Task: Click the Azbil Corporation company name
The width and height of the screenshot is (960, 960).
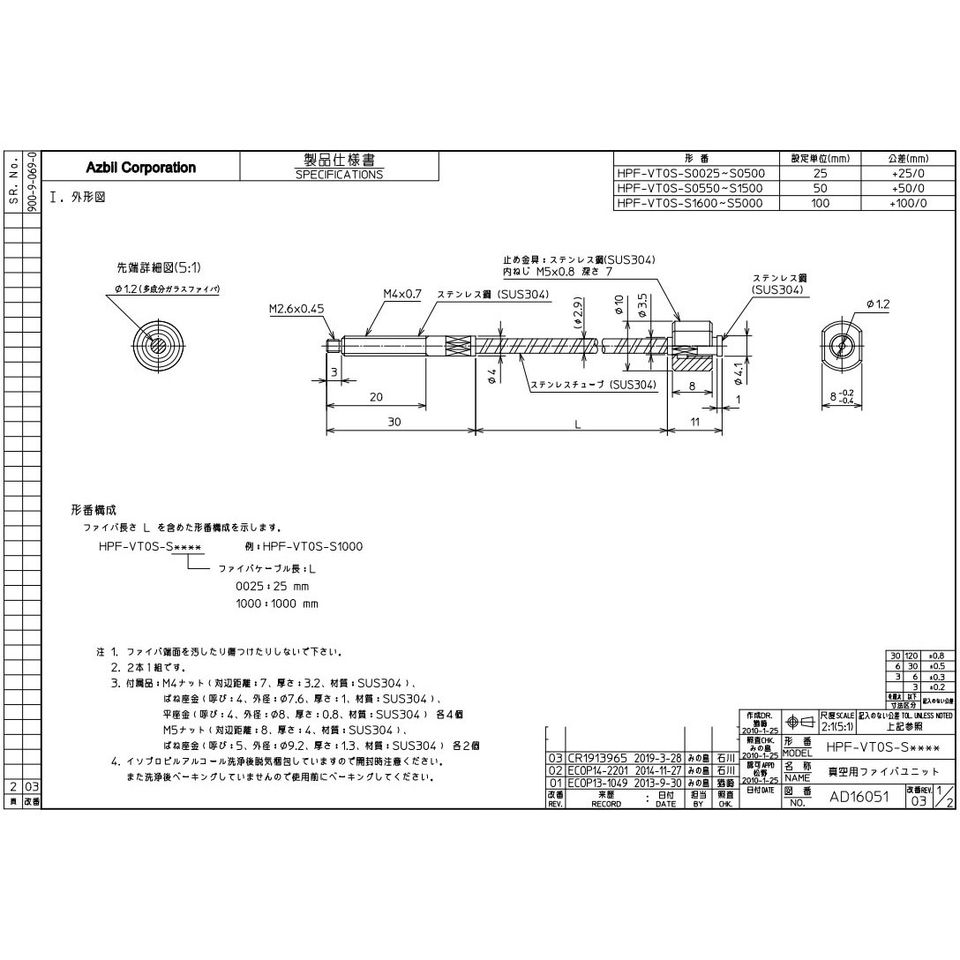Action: (141, 168)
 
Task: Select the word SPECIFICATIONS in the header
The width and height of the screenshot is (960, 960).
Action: (339, 175)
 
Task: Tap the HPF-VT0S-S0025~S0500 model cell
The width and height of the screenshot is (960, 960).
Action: (691, 174)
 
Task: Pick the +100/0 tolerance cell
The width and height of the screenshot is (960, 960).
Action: (908, 203)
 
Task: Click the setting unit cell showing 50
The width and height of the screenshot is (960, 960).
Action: (820, 189)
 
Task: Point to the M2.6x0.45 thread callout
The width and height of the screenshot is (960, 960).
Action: (296, 310)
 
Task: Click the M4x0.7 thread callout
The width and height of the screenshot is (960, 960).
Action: (402, 294)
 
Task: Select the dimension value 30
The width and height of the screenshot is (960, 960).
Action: (394, 423)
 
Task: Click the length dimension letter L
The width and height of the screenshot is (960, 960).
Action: (577, 424)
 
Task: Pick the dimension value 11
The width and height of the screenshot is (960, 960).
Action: (695, 423)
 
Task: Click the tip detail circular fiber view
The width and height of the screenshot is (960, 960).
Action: (156, 342)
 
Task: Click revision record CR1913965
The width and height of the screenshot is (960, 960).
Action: (596, 758)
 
